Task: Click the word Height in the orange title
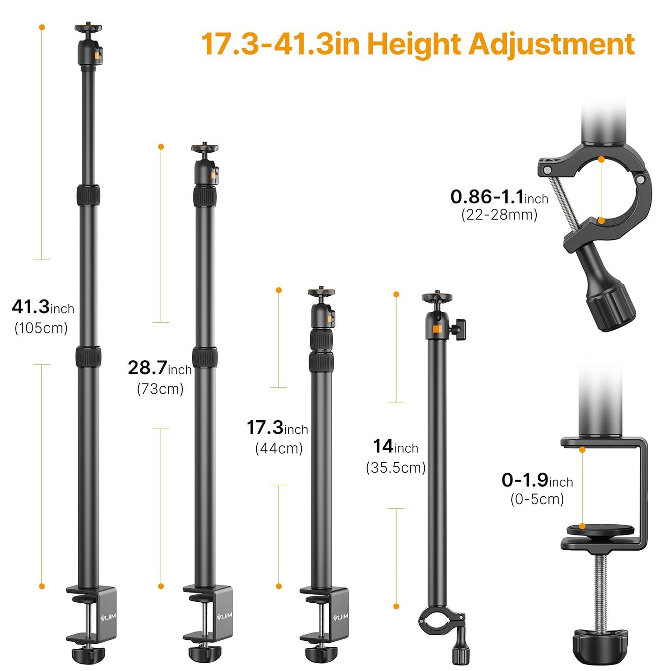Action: click(414, 45)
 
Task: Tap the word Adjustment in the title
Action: click(552, 45)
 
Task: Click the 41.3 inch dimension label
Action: click(43, 307)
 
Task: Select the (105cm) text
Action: click(41, 328)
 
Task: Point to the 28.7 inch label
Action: click(160, 368)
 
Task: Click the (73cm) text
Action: click(160, 389)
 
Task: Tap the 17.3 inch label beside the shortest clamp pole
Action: click(278, 428)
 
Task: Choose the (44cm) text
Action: click(279, 449)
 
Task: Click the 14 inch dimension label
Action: click(396, 446)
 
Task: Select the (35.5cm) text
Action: click(396, 468)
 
